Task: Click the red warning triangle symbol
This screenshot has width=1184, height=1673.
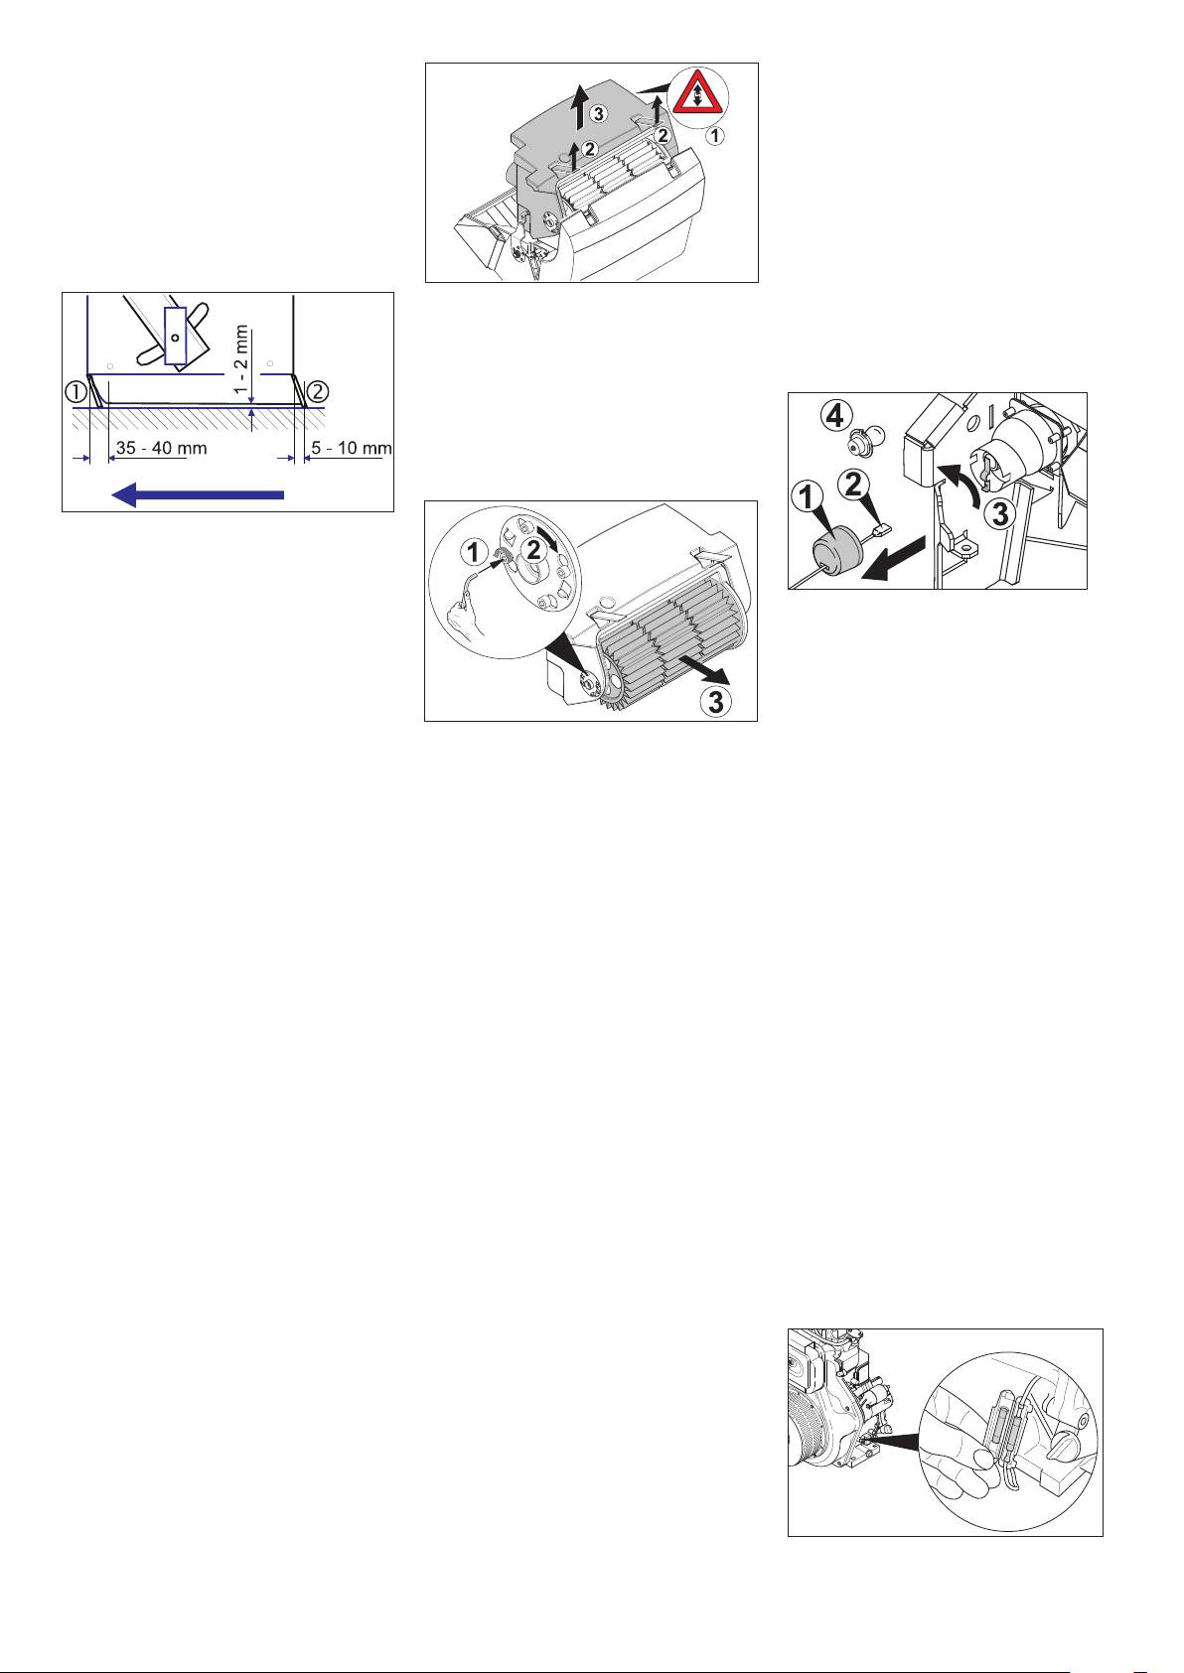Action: click(697, 95)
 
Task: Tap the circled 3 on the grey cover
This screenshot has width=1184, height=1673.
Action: click(598, 114)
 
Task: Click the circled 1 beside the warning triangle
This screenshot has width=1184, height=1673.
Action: click(715, 137)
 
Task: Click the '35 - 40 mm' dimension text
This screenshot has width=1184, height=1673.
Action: click(161, 449)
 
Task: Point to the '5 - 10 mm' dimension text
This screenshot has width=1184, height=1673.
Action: click(351, 449)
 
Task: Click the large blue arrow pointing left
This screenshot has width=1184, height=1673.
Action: click(198, 493)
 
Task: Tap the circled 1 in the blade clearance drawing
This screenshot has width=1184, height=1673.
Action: click(76, 390)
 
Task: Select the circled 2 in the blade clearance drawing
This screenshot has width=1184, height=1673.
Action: click(318, 390)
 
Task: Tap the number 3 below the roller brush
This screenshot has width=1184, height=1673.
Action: click(715, 702)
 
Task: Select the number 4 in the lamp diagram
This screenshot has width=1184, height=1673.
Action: click(834, 415)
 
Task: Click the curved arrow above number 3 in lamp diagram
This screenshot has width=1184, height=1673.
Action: click(960, 483)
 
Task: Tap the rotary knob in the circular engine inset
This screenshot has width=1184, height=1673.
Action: click(1068, 1448)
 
